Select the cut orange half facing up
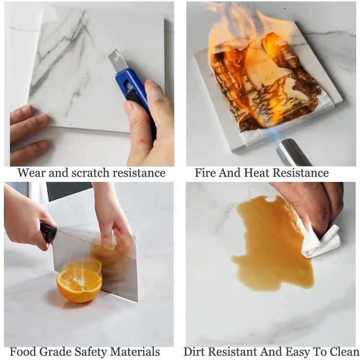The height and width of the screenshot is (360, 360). coord(79,285)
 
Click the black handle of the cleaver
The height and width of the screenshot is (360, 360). coord(48,233)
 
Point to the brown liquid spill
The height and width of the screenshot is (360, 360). coord(273,243)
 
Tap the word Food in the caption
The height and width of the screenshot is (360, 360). coord(23,352)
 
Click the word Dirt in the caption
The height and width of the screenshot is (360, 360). coord(194,352)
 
